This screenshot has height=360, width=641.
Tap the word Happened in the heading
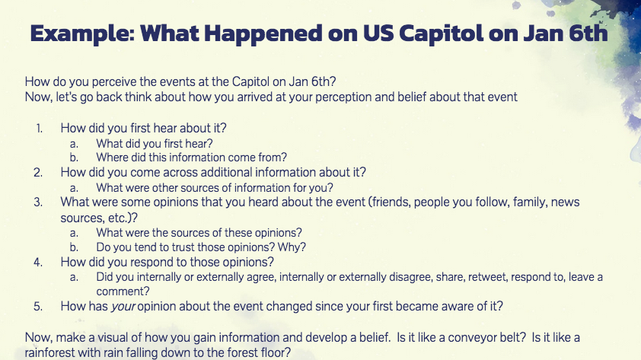263,34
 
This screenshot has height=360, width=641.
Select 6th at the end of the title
588,33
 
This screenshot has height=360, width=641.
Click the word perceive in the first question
113,82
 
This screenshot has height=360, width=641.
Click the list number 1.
39,129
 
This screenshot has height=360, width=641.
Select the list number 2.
38,173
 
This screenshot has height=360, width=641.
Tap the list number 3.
38,202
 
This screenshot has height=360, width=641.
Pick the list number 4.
38,263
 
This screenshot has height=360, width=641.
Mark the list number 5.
38,307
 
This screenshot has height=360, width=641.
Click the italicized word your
123,307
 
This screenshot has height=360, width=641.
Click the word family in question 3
528,202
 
